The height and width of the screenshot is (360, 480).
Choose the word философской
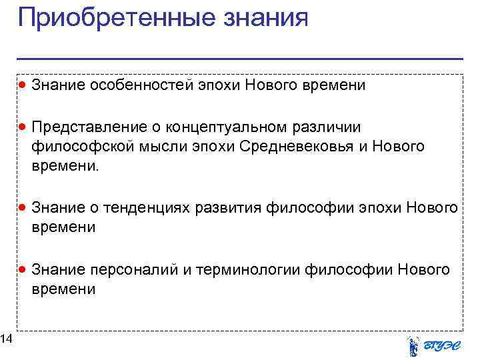point(81,146)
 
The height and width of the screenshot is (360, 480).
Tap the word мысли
point(159,146)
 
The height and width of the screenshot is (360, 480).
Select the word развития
point(228,208)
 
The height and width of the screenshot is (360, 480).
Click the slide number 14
point(6,341)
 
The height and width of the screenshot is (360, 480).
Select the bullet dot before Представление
point(23,127)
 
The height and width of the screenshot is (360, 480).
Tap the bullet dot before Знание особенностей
point(23,85)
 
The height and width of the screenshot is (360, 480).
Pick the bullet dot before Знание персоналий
point(23,269)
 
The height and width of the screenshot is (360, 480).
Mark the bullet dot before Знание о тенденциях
point(23,208)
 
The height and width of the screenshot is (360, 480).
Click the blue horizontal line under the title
point(240,59)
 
